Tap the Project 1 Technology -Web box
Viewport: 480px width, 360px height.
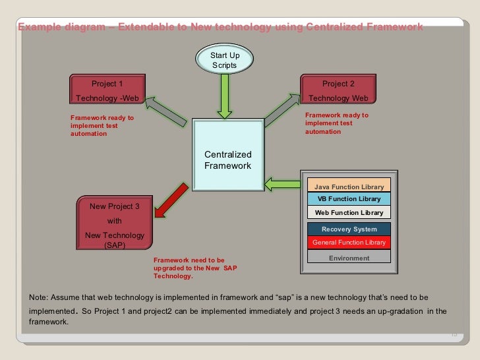107,90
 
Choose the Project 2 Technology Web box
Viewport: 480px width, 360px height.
338,90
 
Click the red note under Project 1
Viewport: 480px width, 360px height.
102,126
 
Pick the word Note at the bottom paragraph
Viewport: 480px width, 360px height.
38,297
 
